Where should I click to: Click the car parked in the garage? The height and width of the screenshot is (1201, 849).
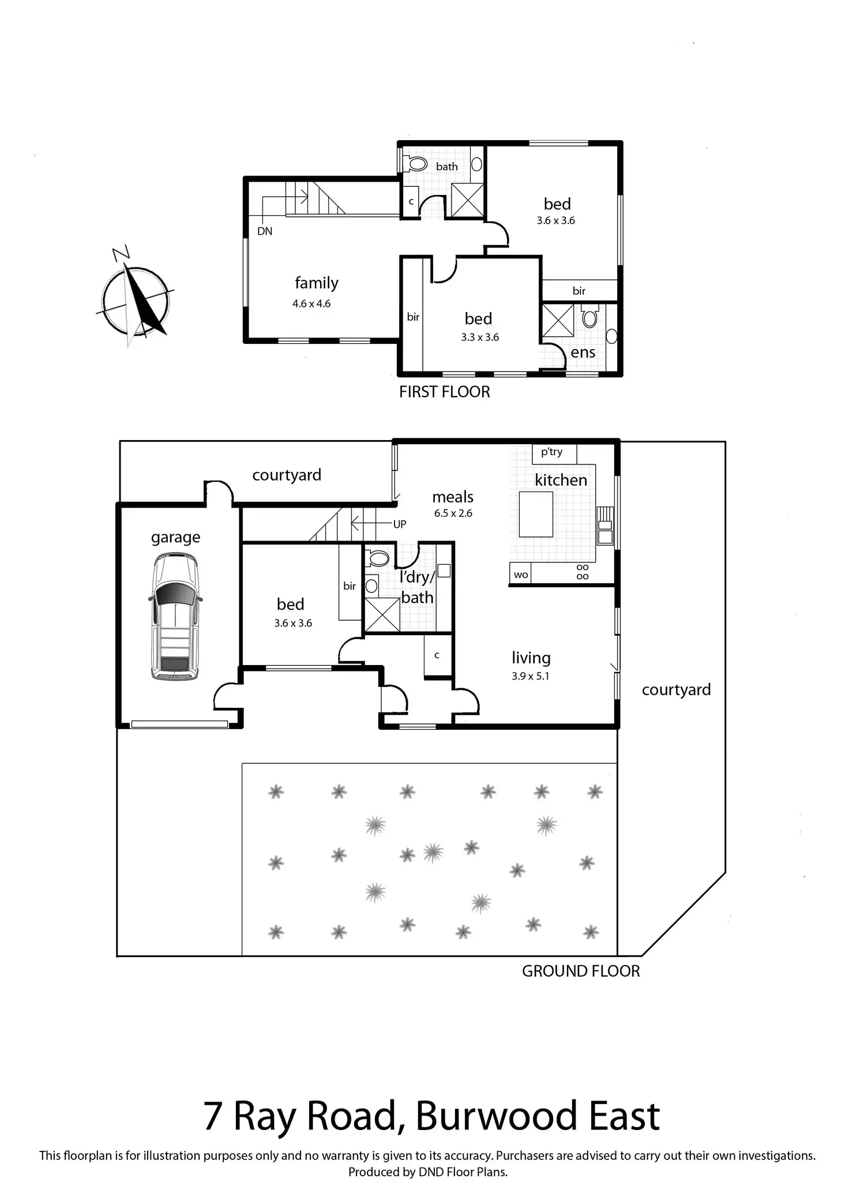click(175, 616)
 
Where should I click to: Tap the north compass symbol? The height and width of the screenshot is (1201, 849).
click(136, 300)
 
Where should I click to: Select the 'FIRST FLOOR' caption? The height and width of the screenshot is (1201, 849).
click(444, 392)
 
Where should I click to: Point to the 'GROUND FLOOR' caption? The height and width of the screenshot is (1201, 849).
click(580, 971)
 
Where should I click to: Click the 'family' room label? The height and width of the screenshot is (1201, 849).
click(316, 283)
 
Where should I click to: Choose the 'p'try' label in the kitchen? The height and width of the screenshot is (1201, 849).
click(551, 452)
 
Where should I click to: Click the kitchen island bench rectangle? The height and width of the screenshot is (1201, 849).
click(536, 514)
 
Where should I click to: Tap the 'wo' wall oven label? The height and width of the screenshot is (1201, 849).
click(520, 575)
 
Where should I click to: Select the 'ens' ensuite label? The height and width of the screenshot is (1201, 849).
click(583, 352)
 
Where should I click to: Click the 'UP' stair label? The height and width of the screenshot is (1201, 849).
click(399, 524)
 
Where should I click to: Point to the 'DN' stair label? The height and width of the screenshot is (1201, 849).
click(265, 231)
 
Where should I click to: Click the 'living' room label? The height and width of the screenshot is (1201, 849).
click(531, 658)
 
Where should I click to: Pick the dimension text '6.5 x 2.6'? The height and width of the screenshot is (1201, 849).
click(453, 513)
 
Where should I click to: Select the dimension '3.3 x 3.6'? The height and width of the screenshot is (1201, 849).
click(480, 337)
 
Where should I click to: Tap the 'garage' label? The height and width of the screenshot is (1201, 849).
click(175, 537)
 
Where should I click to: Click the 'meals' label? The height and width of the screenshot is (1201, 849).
click(453, 497)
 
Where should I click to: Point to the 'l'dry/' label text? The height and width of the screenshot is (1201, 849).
click(416, 577)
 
